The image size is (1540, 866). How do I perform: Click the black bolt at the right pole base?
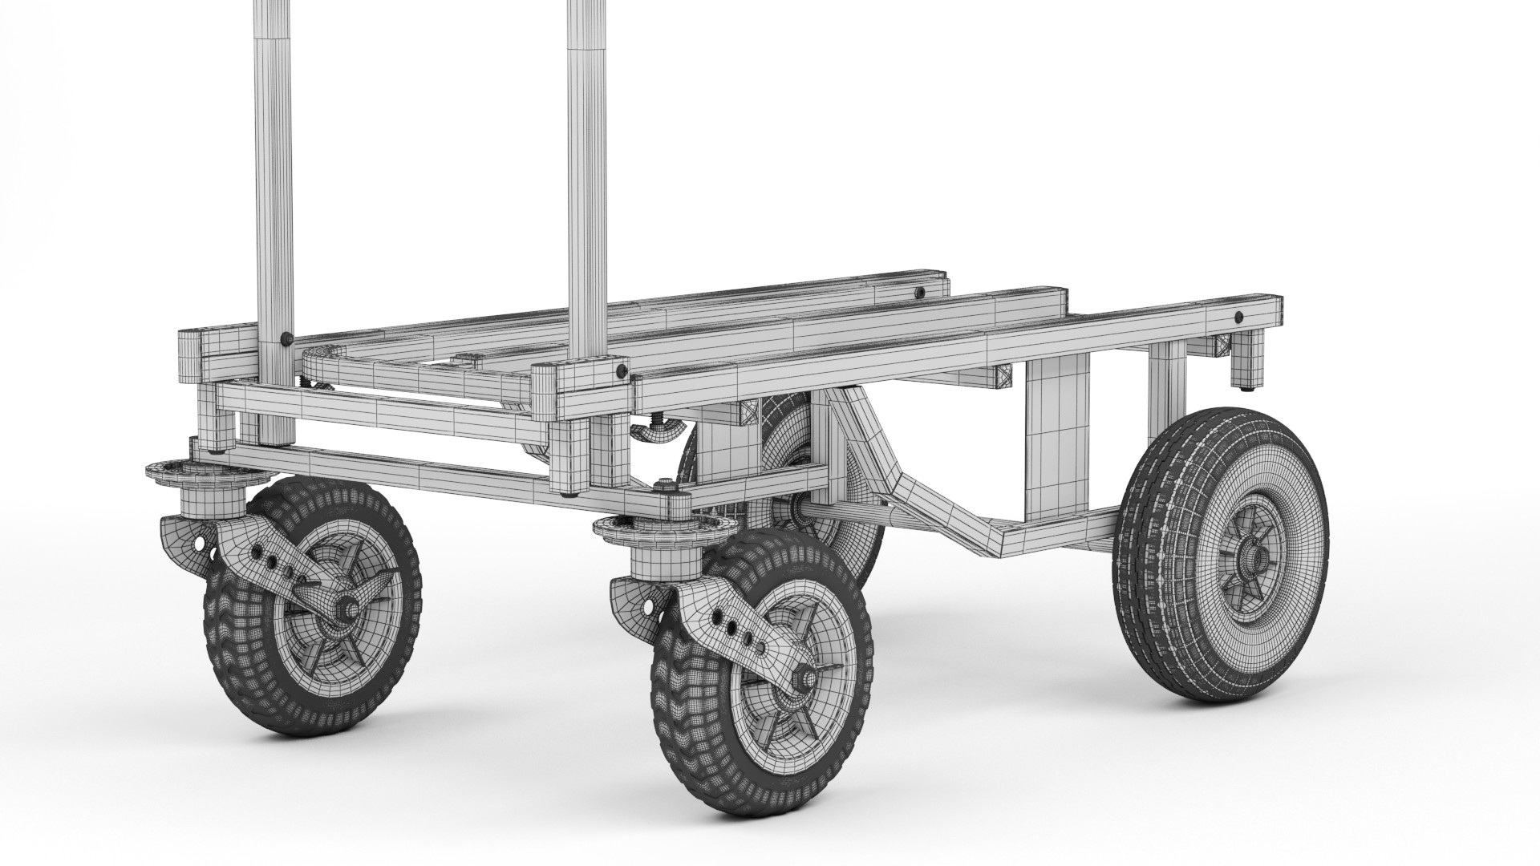[620, 371]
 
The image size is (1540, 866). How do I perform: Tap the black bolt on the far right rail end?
[1239, 315]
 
